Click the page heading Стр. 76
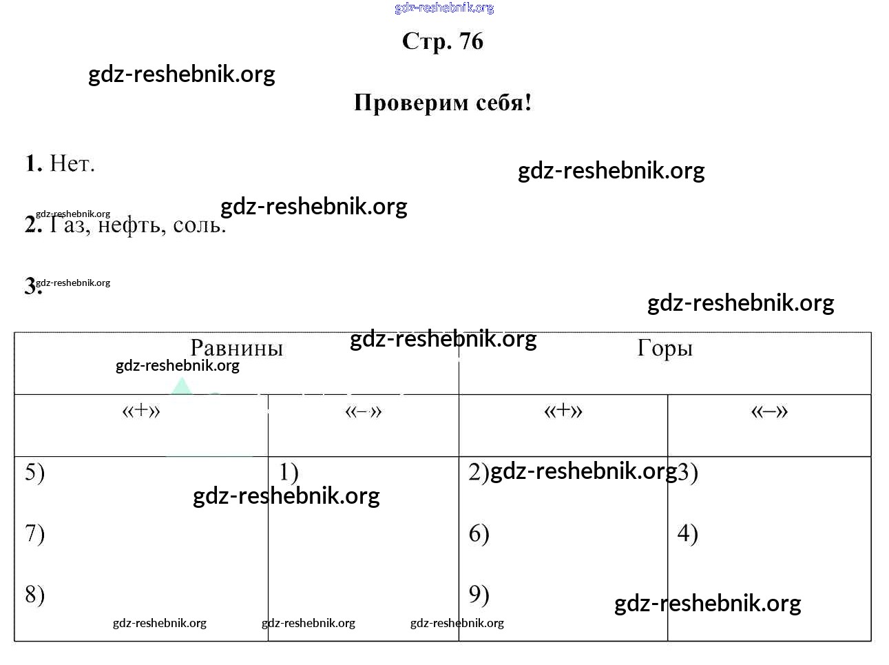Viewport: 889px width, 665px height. coord(443,41)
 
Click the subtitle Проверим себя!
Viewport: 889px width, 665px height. coord(443,103)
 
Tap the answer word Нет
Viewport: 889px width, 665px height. coord(72,164)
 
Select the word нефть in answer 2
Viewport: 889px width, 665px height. coord(132,225)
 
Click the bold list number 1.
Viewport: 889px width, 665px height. coord(33,164)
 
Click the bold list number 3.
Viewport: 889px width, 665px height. coord(31,286)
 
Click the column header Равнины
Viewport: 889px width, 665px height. coord(236,348)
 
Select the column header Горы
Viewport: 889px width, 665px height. coord(665,348)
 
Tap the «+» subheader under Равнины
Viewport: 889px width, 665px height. coord(141,411)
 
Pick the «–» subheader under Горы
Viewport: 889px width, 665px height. coord(769,411)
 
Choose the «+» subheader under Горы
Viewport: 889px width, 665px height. coord(563,411)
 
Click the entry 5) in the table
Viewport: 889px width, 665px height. coord(35,473)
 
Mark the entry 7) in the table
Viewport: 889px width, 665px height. coord(35,534)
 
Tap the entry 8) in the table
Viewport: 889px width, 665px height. coord(35,595)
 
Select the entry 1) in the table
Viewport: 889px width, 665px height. coord(289,473)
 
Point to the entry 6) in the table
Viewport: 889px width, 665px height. coord(479,534)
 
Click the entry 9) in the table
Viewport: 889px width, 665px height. coord(479,595)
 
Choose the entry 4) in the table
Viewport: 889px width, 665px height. coord(687,534)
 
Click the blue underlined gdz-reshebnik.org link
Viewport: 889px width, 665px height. coord(444,8)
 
